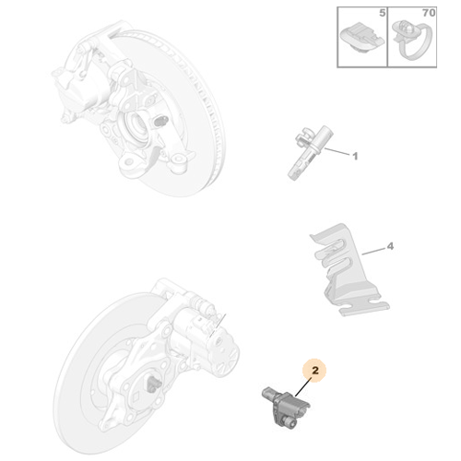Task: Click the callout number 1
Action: tap(355, 156)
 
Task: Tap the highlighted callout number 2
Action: tap(315, 371)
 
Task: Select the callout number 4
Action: tap(390, 246)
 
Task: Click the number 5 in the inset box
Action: tap(382, 13)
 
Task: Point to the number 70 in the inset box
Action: tap(429, 13)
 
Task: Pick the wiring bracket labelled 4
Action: tap(348, 269)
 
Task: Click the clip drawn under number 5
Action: tap(362, 38)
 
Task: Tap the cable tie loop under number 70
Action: tap(413, 39)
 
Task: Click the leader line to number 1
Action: tap(337, 151)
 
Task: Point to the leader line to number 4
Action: tap(373, 251)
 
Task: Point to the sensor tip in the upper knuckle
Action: tap(160, 120)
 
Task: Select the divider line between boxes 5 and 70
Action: tap(387, 37)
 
